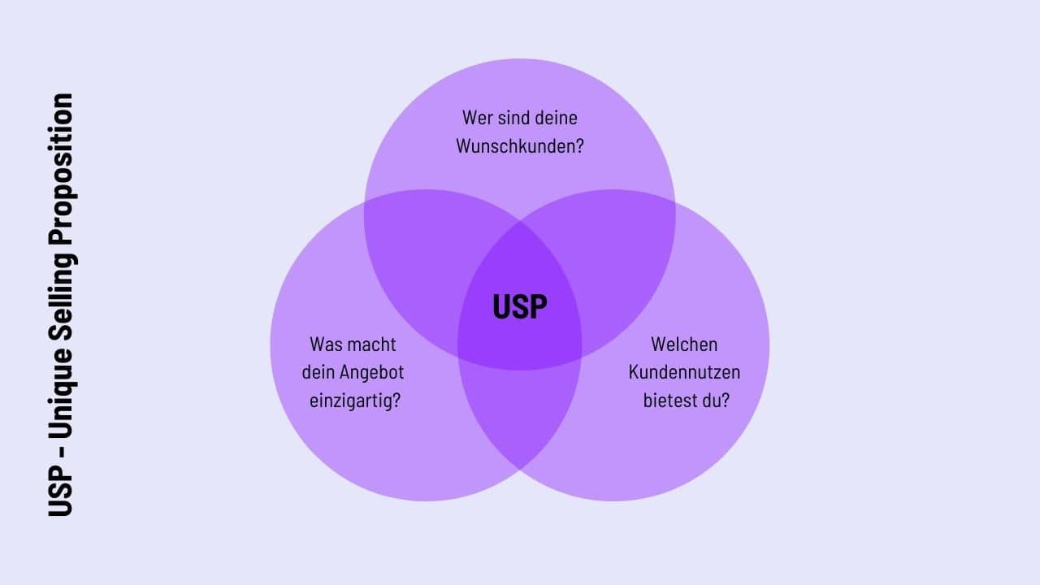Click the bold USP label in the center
pyautogui.click(x=520, y=307)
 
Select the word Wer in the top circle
pyautogui.click(x=477, y=118)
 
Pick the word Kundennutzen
pyautogui.click(x=684, y=372)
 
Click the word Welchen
pyautogui.click(x=684, y=344)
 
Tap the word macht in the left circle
pyautogui.click(x=372, y=344)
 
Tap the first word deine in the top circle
pyautogui.click(x=557, y=118)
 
